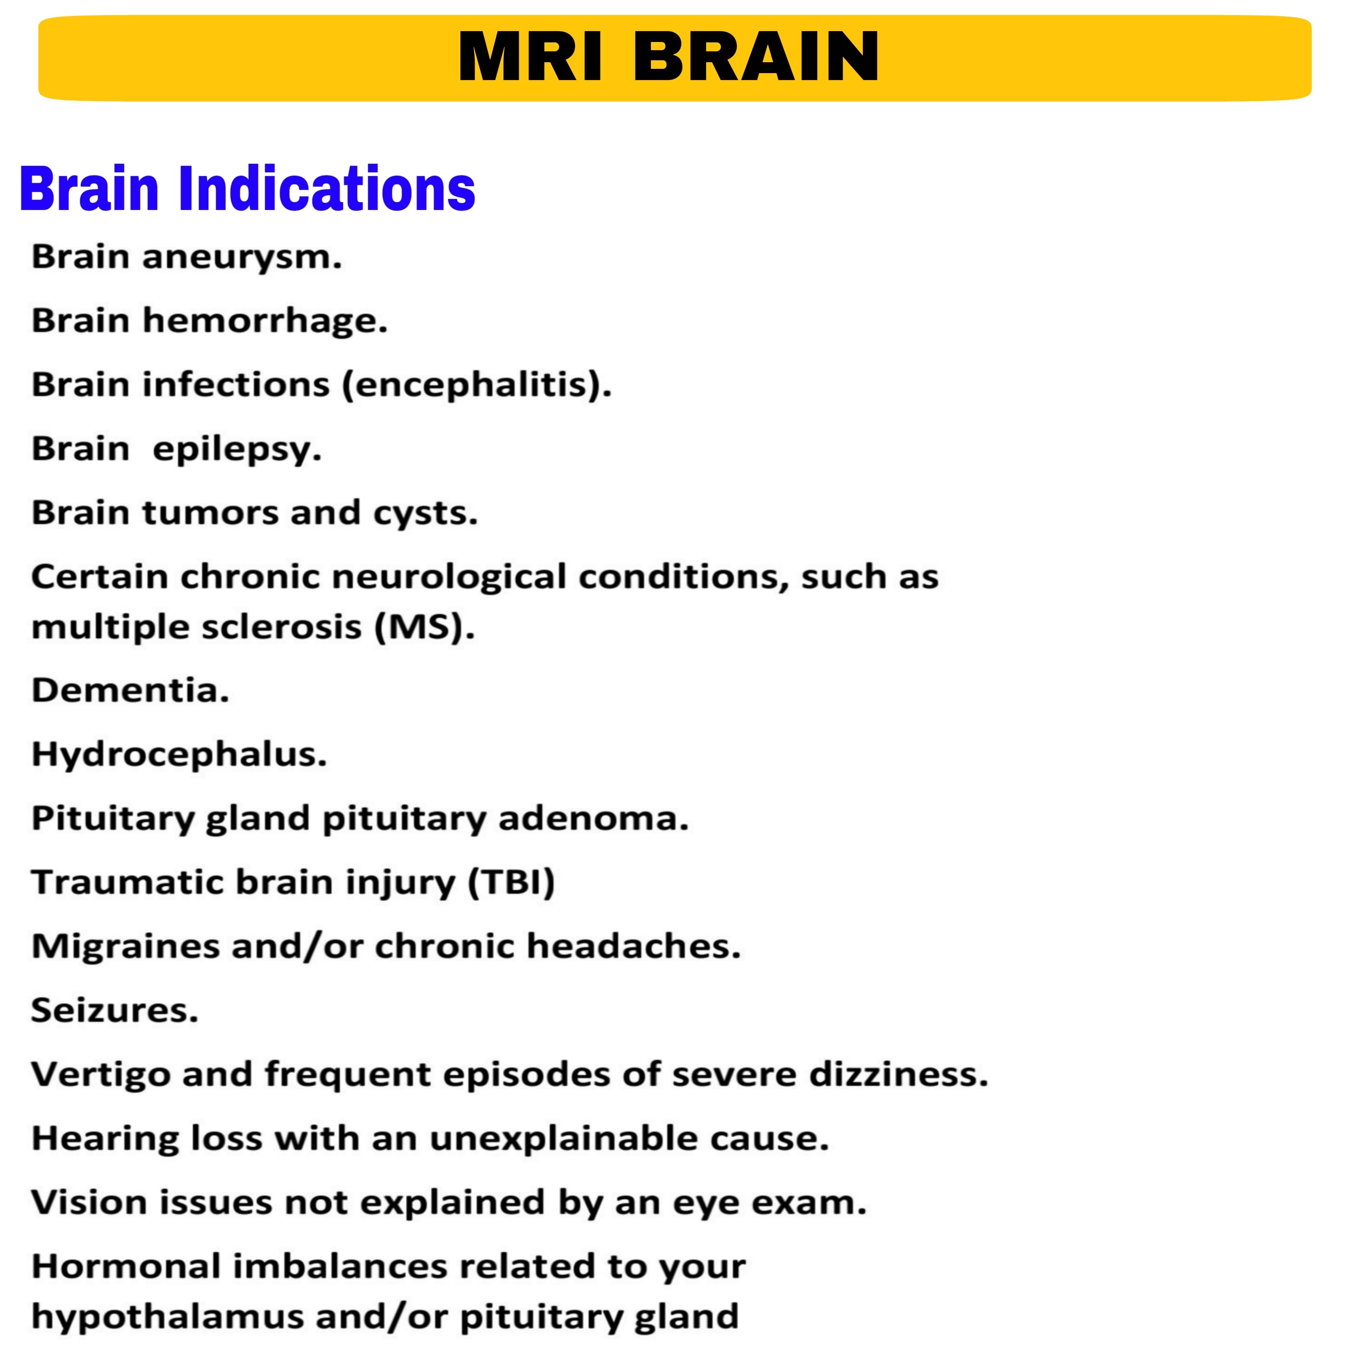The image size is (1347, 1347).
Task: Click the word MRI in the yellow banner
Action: pyautogui.click(x=530, y=57)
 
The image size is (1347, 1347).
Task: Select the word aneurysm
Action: pyautogui.click(x=242, y=257)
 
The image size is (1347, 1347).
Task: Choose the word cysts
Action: pyautogui.click(x=425, y=514)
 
